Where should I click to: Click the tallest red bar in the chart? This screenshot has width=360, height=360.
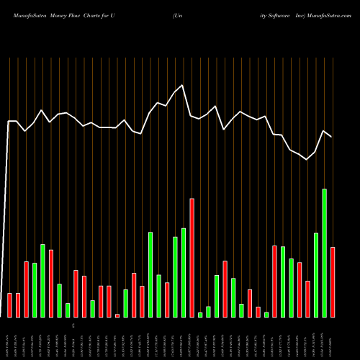pyautogui.click(x=192, y=257)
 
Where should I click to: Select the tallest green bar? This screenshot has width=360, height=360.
pyautogui.click(x=324, y=253)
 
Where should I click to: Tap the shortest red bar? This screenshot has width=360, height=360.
pyautogui.click(x=117, y=315)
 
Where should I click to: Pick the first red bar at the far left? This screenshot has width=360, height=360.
pyautogui.click(x=10, y=305)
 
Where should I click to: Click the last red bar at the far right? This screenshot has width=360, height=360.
pyautogui.click(x=333, y=282)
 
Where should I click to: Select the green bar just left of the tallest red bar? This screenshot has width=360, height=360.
pyautogui.click(x=184, y=272)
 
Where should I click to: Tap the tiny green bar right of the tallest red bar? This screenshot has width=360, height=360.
pyautogui.click(x=200, y=315)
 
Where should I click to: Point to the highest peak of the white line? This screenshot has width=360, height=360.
pyautogui.click(x=183, y=86)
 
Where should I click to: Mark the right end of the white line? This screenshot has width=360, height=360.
pyautogui.click(x=331, y=137)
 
